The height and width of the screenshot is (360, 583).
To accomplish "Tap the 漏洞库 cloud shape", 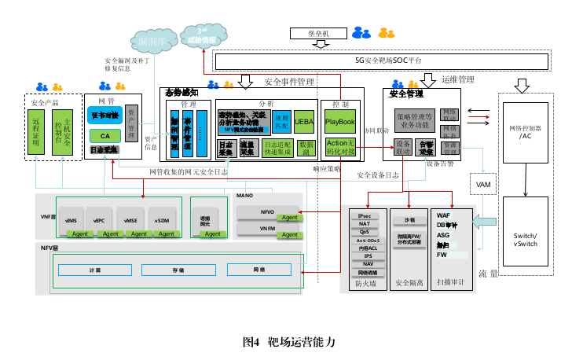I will [152, 40].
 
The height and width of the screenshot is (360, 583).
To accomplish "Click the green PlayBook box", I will [340, 122].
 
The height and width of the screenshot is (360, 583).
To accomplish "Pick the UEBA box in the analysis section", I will [304, 122].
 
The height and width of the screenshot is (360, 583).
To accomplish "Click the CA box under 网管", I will [104, 135].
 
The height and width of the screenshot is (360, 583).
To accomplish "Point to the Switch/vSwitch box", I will [525, 240].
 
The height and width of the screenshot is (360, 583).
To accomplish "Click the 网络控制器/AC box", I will [525, 132].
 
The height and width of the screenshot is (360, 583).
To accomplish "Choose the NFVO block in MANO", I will [267, 211].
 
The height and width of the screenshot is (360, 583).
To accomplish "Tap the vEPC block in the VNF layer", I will [99, 221].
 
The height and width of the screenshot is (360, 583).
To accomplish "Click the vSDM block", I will [163, 221].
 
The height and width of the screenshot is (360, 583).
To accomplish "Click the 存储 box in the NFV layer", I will [178, 270].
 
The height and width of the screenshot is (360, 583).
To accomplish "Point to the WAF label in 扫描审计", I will [443, 214].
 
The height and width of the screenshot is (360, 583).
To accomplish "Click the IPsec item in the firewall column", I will [365, 215].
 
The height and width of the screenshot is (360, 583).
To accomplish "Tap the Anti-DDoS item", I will [365, 240].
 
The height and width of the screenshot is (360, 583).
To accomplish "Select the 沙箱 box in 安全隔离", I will [409, 220].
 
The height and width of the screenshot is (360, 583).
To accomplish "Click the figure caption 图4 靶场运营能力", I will [289, 342].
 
